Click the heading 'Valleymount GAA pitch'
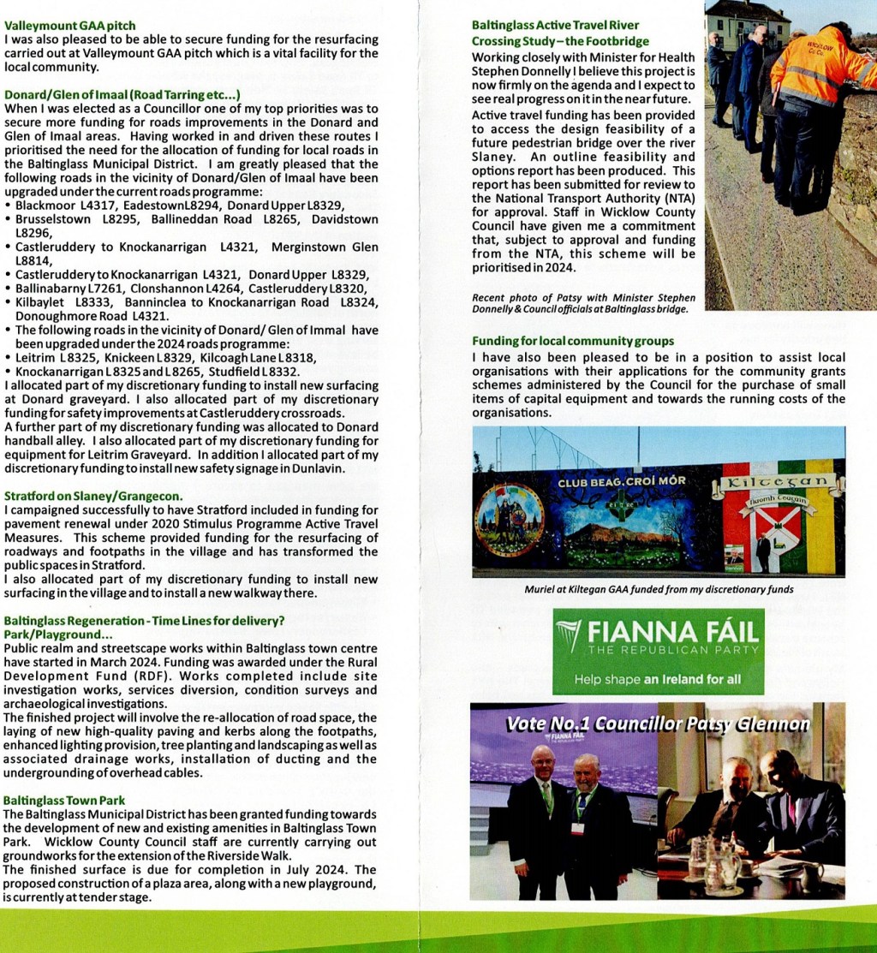pyautogui.click(x=69, y=27)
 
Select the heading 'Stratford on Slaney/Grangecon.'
pyautogui.click(x=93, y=497)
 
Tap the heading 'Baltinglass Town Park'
pyautogui.click(x=64, y=801)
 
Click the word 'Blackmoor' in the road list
pyautogui.click(x=45, y=205)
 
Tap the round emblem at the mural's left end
pyautogui.click(x=508, y=519)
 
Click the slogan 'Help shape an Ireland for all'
pyautogui.click(x=657, y=679)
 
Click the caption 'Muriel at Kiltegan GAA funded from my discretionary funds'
pyautogui.click(x=658, y=589)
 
